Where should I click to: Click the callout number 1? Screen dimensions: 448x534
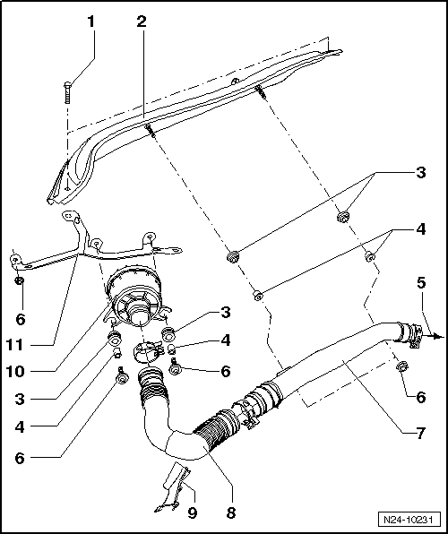(90, 22)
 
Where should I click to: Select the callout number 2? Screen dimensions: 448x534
(142, 22)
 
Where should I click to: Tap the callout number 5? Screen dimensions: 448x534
(421, 283)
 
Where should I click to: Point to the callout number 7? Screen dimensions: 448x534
(421, 434)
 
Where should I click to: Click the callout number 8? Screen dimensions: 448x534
(231, 512)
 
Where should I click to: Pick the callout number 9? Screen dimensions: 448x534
(193, 512)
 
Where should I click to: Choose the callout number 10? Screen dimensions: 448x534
(15, 371)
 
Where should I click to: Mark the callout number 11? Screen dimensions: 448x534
(15, 345)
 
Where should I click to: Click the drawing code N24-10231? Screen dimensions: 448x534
(408, 520)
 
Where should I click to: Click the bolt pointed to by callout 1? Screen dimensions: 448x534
(67, 92)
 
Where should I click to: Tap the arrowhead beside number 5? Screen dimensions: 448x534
(440, 337)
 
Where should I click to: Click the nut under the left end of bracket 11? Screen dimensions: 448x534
(20, 280)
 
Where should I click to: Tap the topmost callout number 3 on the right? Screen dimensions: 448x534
(421, 173)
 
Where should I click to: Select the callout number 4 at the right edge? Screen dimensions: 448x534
(421, 229)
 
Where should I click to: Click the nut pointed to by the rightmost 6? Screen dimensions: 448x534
(401, 366)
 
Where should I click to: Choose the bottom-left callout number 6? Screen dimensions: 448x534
(20, 458)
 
